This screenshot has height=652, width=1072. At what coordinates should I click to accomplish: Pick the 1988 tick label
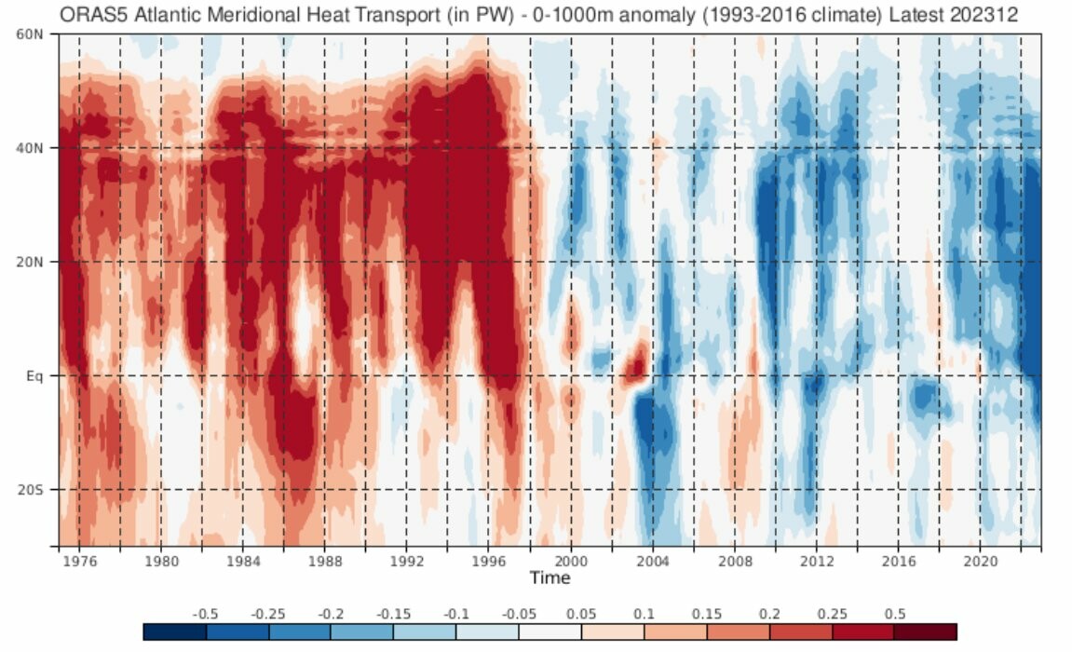click(325, 562)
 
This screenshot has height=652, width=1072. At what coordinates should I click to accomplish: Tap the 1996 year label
click(489, 562)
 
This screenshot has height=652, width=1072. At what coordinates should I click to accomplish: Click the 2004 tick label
click(652, 562)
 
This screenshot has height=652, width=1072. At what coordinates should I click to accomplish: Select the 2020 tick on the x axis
click(979, 562)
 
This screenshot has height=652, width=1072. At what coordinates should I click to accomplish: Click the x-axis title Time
click(550, 578)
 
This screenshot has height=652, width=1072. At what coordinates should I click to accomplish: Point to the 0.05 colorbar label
click(580, 614)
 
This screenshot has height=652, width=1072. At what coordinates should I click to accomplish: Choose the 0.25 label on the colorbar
click(831, 614)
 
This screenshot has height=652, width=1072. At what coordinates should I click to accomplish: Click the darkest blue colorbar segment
click(175, 632)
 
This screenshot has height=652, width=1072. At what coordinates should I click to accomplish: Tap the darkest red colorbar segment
click(926, 632)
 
